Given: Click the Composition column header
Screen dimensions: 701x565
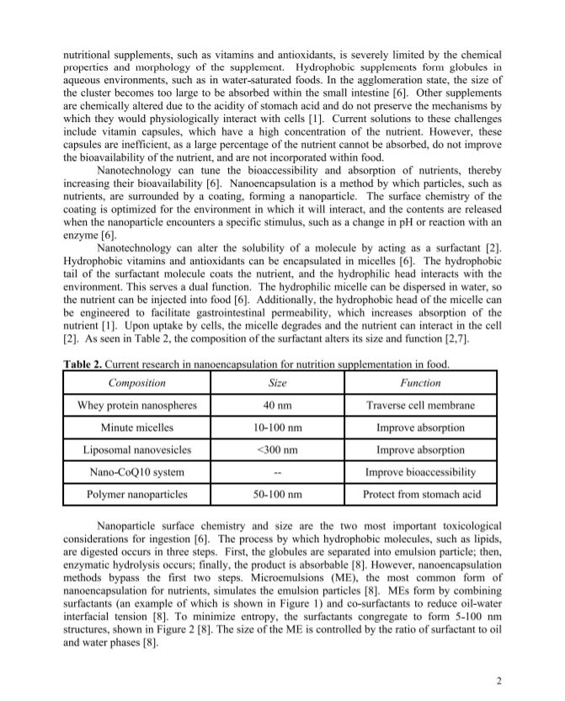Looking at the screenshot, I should pos(136,383).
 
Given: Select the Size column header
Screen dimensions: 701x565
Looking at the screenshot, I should pos(277,383).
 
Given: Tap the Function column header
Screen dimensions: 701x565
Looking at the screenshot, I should pos(419,383).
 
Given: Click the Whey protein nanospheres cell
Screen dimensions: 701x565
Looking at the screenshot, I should pos(136,406).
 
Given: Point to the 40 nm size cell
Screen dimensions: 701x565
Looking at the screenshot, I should pos(277,406).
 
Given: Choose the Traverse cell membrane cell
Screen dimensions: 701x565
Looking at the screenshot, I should pos(419,406).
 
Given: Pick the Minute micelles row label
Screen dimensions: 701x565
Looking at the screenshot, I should pos(136,428).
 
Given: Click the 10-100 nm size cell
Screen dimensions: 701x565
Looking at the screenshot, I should pos(277,428).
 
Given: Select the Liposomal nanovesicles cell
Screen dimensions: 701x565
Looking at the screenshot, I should pos(136,449).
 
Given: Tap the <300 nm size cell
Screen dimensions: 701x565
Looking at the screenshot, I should pos(277,449).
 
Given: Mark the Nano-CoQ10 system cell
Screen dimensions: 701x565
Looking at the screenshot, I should pos(136,472).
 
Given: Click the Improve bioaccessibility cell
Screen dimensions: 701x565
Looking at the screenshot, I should pos(419,472).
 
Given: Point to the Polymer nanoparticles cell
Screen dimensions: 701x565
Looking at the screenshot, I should pos(136,494).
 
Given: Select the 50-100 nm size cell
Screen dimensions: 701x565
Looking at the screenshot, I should pos(277,494).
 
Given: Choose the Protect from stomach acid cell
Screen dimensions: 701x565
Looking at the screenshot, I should pos(419,494).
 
